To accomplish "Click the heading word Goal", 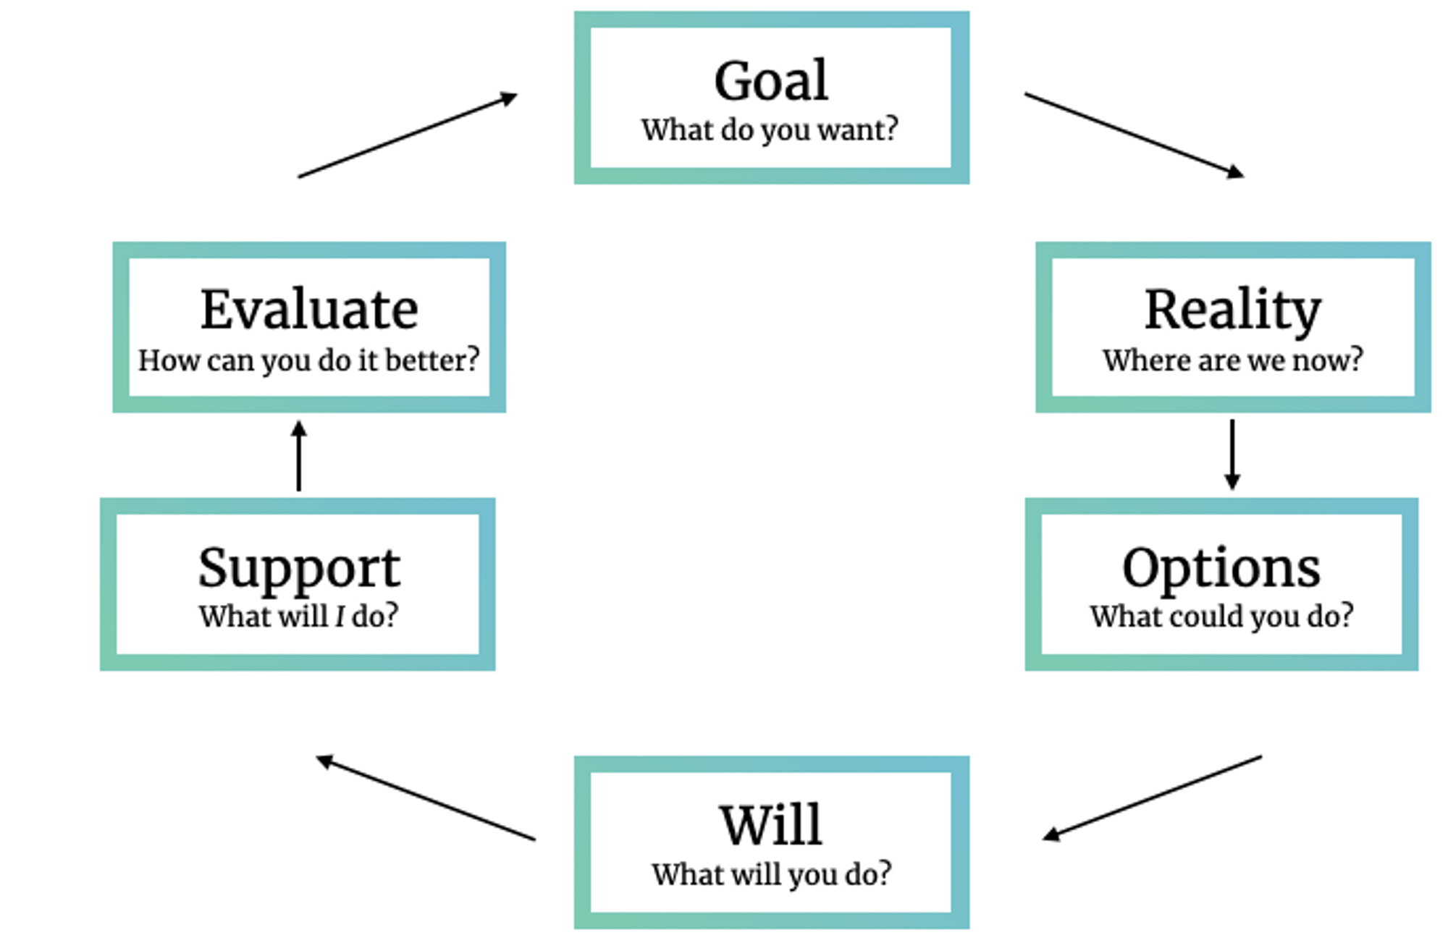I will pyautogui.click(x=771, y=80).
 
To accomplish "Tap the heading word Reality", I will pyautogui.click(x=1232, y=310).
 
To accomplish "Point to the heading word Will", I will pyautogui.click(x=771, y=824).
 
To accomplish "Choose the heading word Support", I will pyautogui.click(x=298, y=568).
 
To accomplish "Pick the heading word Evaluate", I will pyautogui.click(x=309, y=310).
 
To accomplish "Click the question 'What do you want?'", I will pyautogui.click(x=770, y=130).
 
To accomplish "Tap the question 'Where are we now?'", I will pyautogui.click(x=1232, y=360).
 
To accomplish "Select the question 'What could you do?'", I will pyautogui.click(x=1221, y=617).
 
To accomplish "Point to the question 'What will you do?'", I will pyautogui.click(x=771, y=874).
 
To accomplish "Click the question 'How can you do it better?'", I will pyautogui.click(x=309, y=360).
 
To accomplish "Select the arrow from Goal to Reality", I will pyautogui.click(x=1134, y=135).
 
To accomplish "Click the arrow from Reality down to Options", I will pyautogui.click(x=1232, y=454).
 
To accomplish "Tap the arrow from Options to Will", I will pyautogui.click(x=1153, y=797).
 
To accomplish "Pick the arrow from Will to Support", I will pyautogui.click(x=426, y=798).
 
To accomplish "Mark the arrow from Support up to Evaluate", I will pyautogui.click(x=299, y=457).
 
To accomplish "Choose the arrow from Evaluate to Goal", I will pyautogui.click(x=408, y=135).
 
